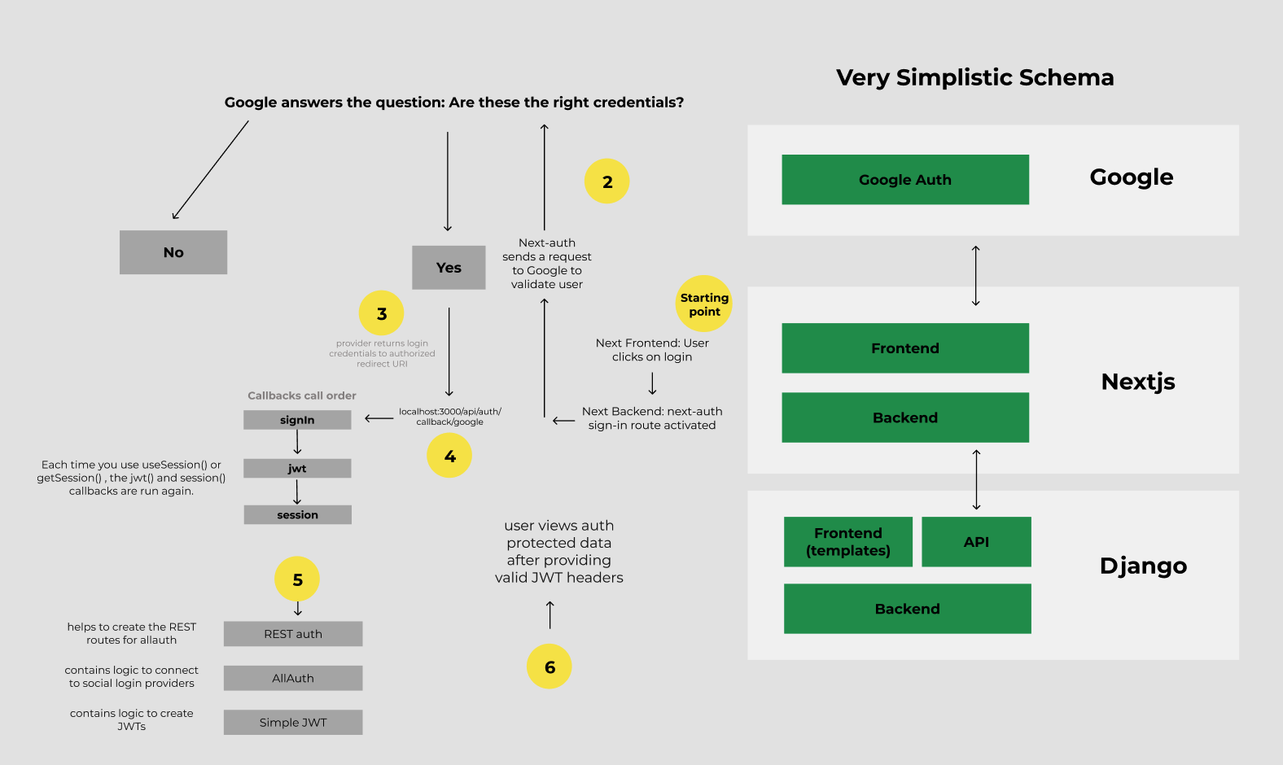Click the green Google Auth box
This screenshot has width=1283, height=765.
pyautogui.click(x=905, y=179)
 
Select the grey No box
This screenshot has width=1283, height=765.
pyautogui.click(x=173, y=252)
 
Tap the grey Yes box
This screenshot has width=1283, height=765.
pyautogui.click(x=449, y=268)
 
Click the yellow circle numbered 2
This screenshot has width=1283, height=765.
pyautogui.click(x=606, y=181)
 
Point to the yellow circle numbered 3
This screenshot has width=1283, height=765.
pyautogui.click(x=382, y=313)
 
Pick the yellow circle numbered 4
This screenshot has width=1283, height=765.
pyautogui.click(x=449, y=455)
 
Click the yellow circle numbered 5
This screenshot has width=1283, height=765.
pyautogui.click(x=296, y=579)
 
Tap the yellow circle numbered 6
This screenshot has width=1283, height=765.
pyautogui.click(x=550, y=666)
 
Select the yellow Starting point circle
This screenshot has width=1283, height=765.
pyautogui.click(x=704, y=304)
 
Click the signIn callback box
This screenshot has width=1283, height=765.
pyautogui.click(x=297, y=420)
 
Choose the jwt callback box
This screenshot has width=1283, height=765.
pyautogui.click(x=297, y=469)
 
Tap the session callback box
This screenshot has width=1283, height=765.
pyautogui.click(x=298, y=515)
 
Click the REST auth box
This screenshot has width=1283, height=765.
pyautogui.click(x=293, y=634)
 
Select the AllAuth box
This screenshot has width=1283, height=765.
pyautogui.click(x=293, y=678)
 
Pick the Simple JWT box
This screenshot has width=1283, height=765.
pyautogui.click(x=293, y=722)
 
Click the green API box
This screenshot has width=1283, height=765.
pyautogui.click(x=977, y=542)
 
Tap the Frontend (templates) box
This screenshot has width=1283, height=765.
pyautogui.click(x=848, y=542)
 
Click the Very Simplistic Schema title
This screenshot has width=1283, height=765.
pyautogui.click(x=974, y=77)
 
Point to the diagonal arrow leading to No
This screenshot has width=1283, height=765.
pyautogui.click(x=210, y=170)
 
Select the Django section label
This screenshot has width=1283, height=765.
pyautogui.click(x=1143, y=566)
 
